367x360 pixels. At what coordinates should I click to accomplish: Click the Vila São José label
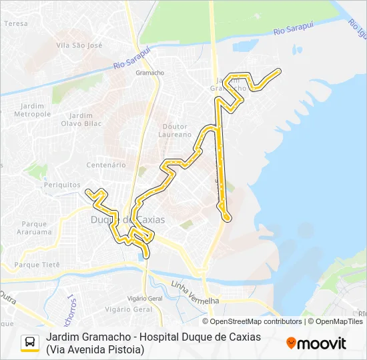pos(79,45)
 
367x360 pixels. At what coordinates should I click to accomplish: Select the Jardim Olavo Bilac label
pos(81,119)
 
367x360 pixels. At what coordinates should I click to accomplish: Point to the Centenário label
pos(106,165)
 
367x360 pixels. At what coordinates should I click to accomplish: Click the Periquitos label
pos(62,185)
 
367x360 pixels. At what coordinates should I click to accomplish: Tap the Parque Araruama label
pos(36,228)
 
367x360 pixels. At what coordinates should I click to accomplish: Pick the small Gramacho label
pos(149,73)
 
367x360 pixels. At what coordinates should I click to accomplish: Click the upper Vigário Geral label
pos(145,299)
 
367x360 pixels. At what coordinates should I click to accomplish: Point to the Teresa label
pos(16,23)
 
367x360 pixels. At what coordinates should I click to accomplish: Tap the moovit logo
pos(316,343)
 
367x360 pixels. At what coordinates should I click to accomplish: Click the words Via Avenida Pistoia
pos(95,349)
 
